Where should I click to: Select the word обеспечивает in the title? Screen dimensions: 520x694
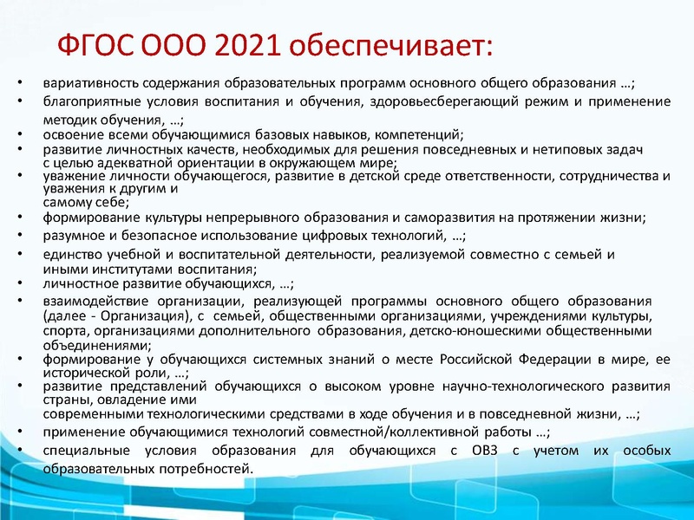click(390, 43)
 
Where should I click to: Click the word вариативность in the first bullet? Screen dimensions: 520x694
click(80, 83)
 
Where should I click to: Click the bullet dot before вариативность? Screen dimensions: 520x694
click(21, 83)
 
